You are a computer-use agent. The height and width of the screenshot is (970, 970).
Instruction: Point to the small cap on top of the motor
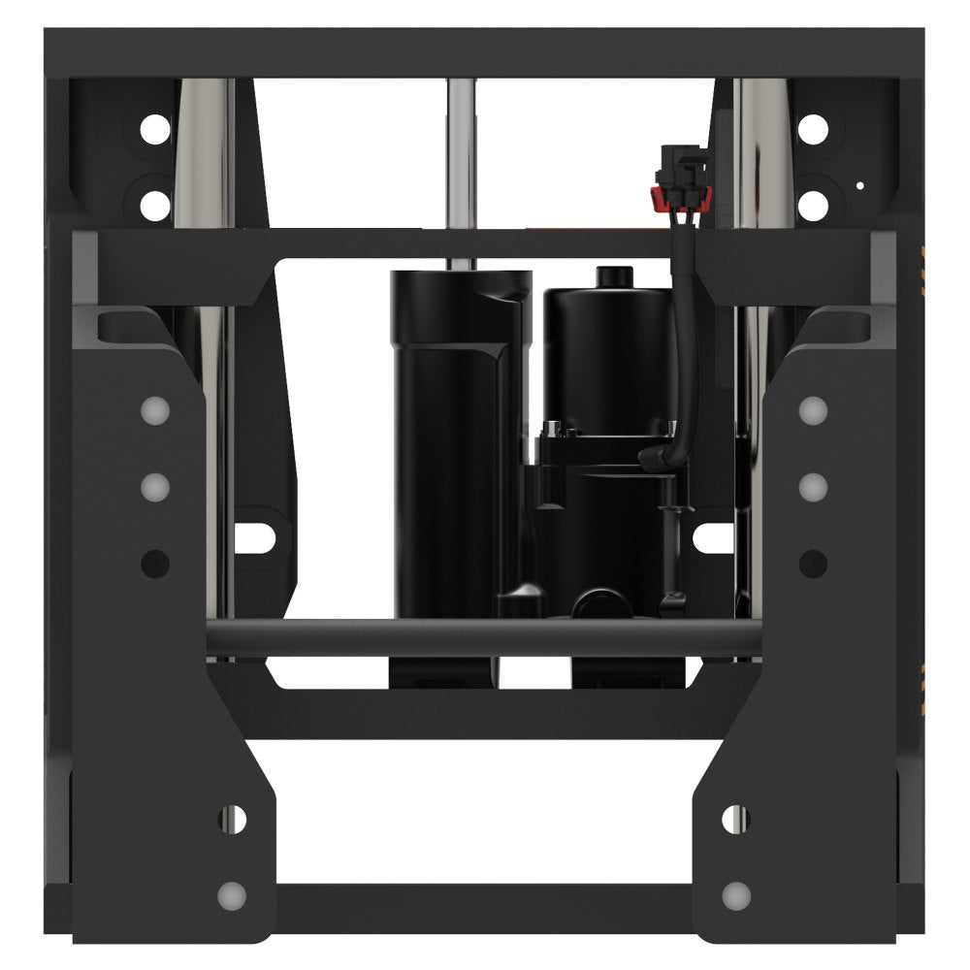pos(608,275)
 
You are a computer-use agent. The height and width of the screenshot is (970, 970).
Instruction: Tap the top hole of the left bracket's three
pos(154,411)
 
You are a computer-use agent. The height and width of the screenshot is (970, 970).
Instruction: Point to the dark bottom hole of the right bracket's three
pos(814,562)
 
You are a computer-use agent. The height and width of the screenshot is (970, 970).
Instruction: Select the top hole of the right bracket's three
pos(814,411)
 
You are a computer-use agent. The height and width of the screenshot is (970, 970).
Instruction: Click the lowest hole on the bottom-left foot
pos(232,892)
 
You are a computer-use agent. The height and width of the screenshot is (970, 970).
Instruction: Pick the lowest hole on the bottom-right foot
pos(737,892)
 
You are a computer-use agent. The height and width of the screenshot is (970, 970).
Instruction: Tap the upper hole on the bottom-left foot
pos(232,818)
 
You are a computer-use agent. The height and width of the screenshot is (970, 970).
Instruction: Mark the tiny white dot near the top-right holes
pos(859,184)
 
